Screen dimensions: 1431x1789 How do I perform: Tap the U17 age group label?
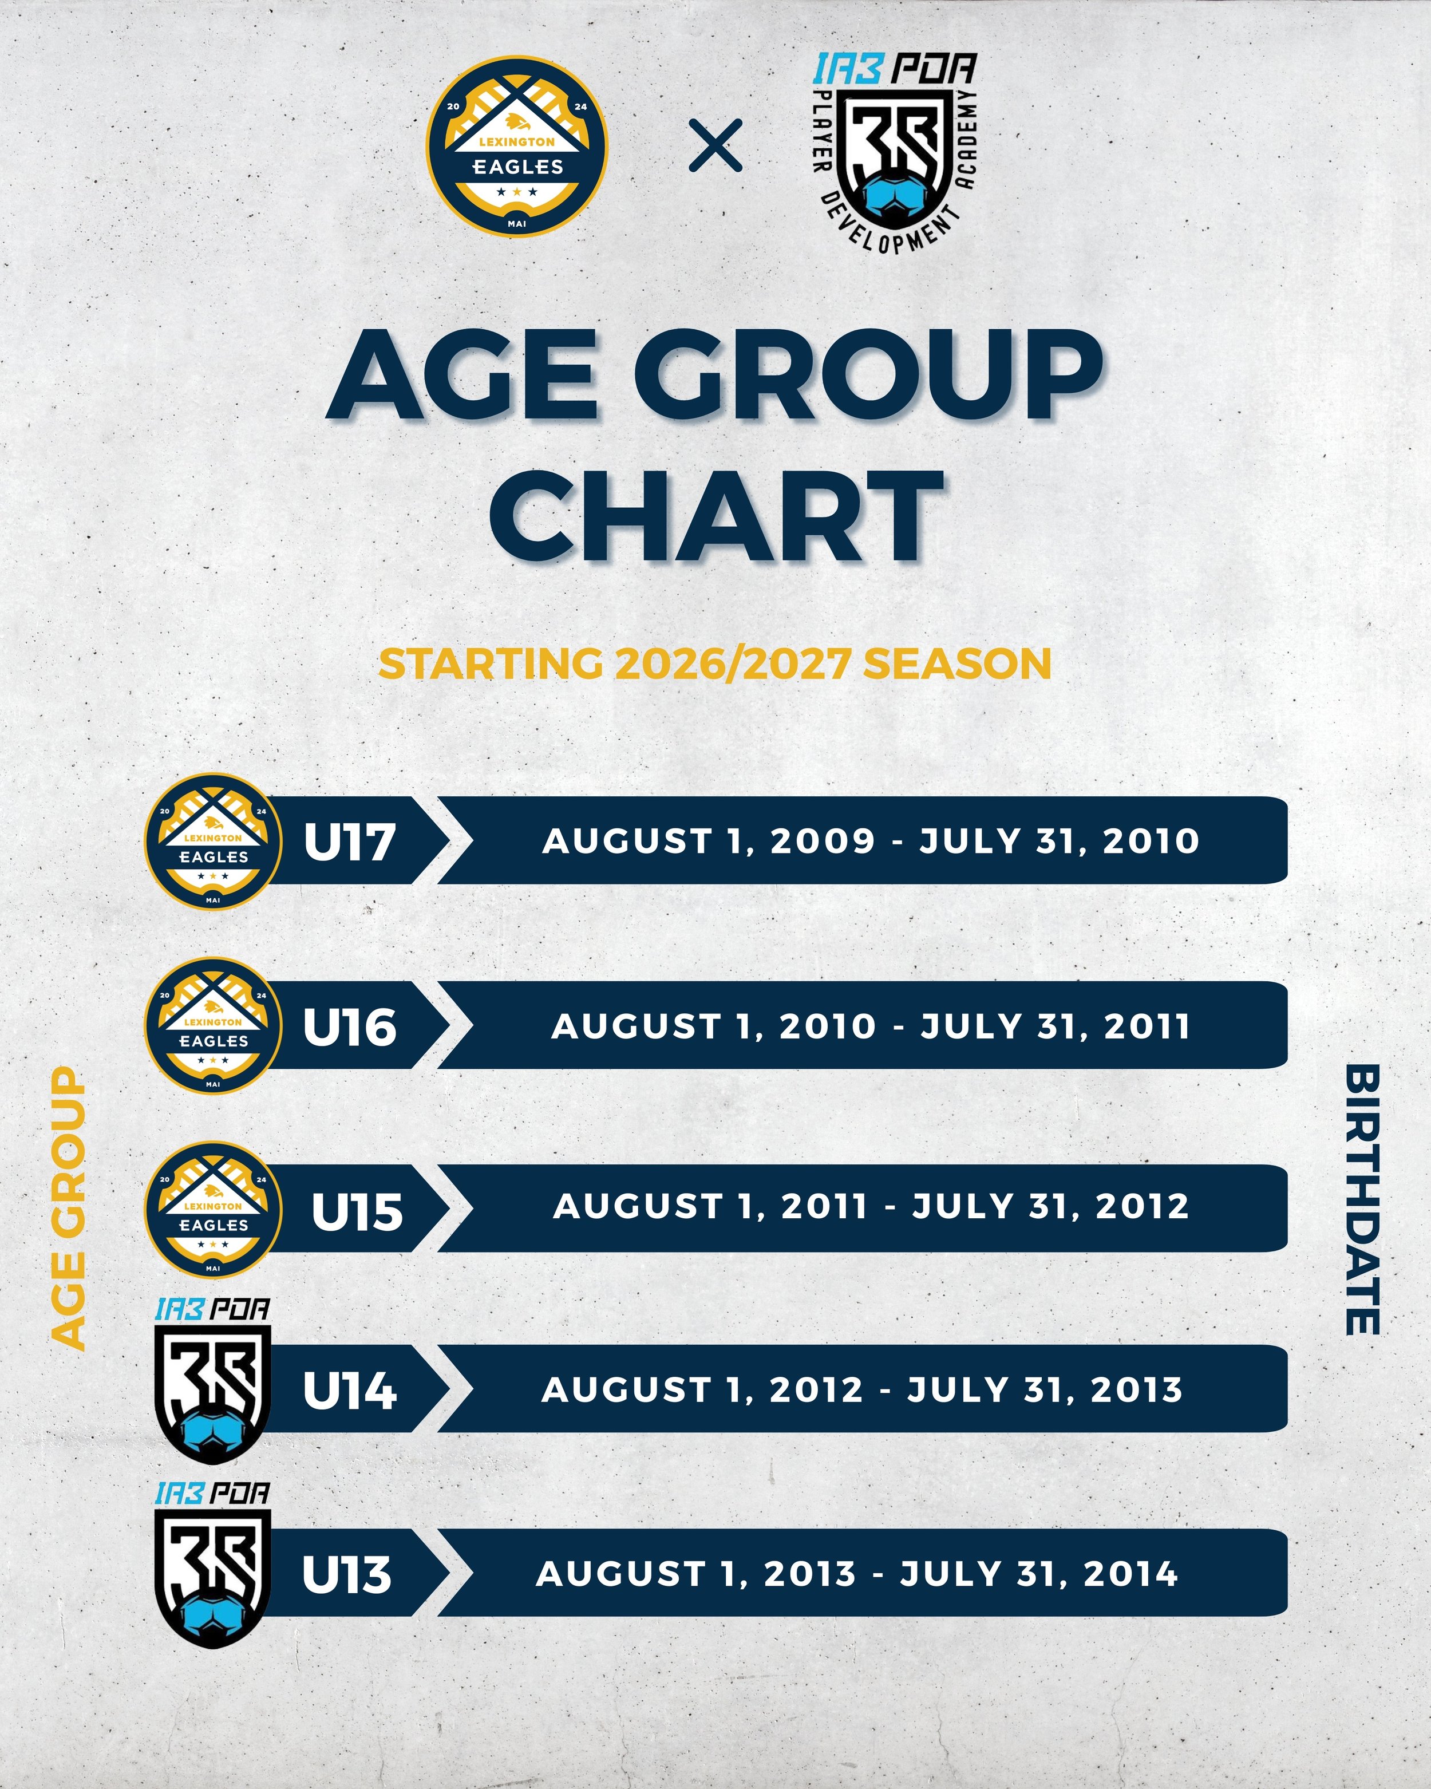pyautogui.click(x=349, y=842)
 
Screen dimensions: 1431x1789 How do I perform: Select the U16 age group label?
pyautogui.click(x=349, y=1026)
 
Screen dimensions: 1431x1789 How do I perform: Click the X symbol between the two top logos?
pyautogui.click(x=716, y=146)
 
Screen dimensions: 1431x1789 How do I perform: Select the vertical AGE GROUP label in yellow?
pyautogui.click(x=68, y=1209)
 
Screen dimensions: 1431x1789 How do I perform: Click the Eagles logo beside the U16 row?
pyautogui.click(x=213, y=1026)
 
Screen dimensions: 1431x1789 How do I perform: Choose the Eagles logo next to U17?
pyautogui.click(x=213, y=842)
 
